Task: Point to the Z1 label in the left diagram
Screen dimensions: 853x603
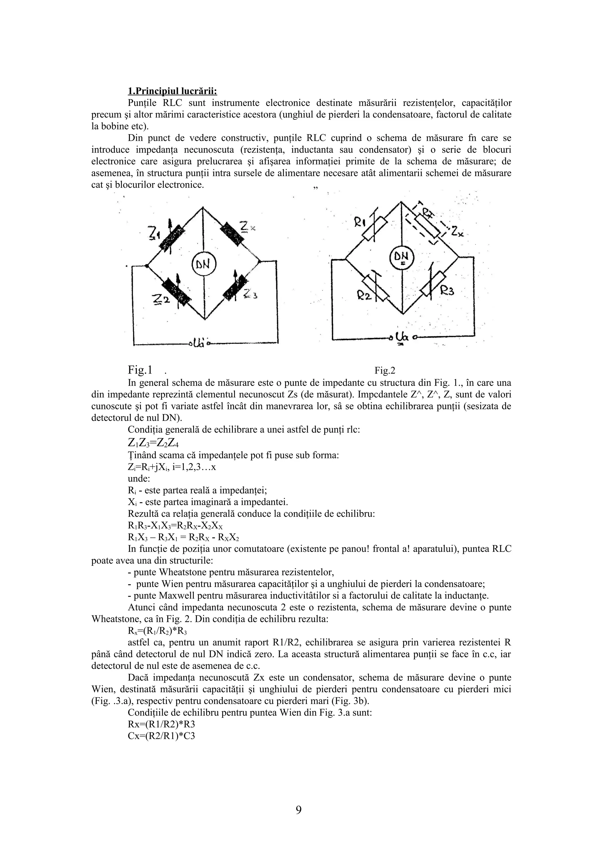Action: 154,234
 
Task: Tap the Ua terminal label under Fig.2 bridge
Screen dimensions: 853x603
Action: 402,337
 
